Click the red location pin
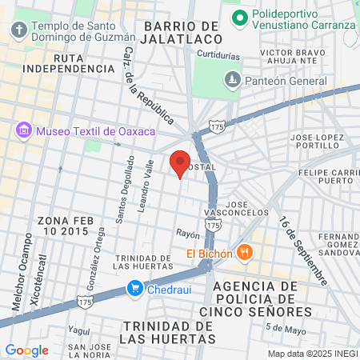tap(180, 162)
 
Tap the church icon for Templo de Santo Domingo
tap(19, 30)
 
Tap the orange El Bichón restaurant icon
tap(245, 254)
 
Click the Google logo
tap(27, 350)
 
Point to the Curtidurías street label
tap(217, 56)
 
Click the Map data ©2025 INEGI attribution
tap(313, 354)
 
